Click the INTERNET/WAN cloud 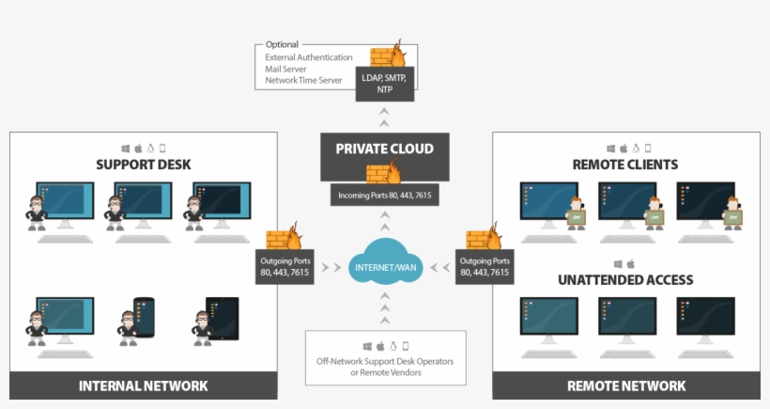click(385, 267)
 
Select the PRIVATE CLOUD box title click(385, 149)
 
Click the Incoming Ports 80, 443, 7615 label click(385, 196)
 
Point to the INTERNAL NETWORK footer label click(143, 385)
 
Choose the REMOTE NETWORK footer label click(626, 385)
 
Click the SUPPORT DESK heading click(143, 165)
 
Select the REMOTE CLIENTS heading click(625, 165)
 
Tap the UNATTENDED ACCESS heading click(625, 279)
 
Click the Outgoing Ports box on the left click(285, 266)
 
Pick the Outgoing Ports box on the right click(485, 266)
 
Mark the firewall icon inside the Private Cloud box click(385, 172)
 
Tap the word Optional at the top click(282, 44)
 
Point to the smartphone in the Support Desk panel click(143, 317)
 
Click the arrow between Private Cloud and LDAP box click(384, 117)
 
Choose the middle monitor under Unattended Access click(626, 317)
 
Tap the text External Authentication click(309, 56)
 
